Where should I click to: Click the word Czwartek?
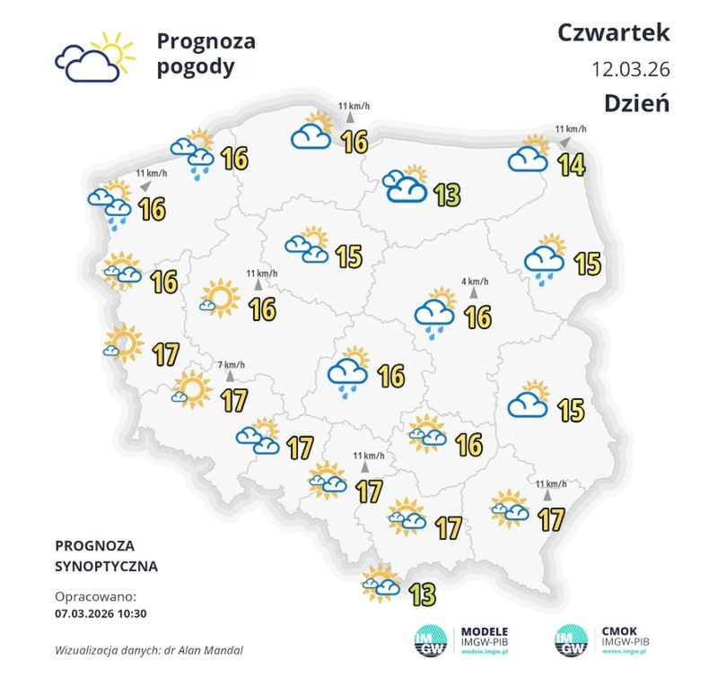[614, 33]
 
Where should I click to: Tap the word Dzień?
[637, 102]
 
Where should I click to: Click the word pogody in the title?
[196, 66]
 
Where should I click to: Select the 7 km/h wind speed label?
[232, 364]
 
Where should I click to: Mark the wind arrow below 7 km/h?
[231, 377]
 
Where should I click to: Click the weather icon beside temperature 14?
[529, 155]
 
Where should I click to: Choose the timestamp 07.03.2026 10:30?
[101, 614]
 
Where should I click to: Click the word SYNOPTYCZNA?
[106, 567]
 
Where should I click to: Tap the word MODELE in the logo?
[485, 630]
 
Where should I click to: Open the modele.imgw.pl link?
[485, 655]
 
